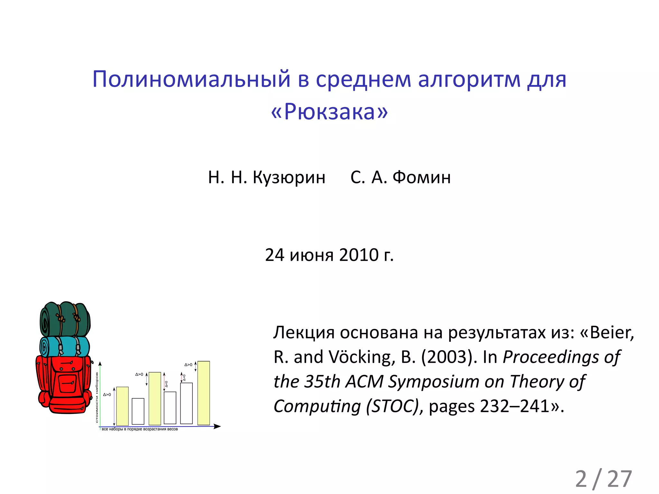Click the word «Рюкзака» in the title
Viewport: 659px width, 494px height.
click(329, 112)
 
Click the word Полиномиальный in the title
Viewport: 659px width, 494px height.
click(191, 79)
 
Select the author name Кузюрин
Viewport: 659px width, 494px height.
click(289, 177)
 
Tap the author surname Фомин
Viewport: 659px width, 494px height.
click(421, 177)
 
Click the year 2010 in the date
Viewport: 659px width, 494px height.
click(359, 255)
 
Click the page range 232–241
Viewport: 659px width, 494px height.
click(515, 406)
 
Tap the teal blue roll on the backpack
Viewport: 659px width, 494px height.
click(64, 347)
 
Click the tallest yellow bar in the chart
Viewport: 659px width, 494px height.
click(204, 393)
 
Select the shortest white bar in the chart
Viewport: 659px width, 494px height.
click(138, 411)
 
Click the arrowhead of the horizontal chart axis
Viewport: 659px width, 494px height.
click(218, 426)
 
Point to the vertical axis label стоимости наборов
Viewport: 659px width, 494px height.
click(97, 398)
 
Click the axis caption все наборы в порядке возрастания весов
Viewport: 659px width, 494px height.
click(140, 429)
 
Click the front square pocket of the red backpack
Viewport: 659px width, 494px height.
click(67, 383)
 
